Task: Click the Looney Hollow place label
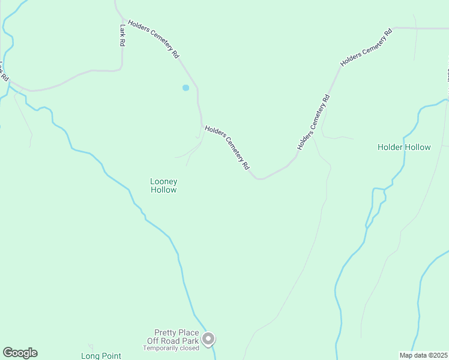(163, 185)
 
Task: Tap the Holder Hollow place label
(404, 147)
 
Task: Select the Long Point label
(101, 356)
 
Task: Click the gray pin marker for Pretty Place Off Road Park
(208, 340)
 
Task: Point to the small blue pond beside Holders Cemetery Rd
(185, 88)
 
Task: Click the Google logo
(20, 353)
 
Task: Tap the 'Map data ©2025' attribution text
(423, 355)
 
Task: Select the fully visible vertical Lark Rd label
(122, 35)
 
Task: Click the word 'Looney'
(163, 181)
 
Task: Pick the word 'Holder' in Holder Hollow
(390, 147)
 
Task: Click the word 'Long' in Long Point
(91, 356)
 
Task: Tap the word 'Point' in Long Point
(112, 356)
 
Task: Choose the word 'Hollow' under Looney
(163, 190)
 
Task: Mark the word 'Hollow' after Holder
(418, 147)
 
